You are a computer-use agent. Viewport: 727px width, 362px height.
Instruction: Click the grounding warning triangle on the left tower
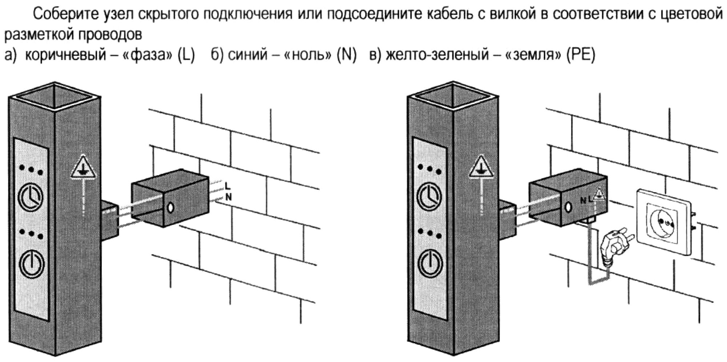[83, 168]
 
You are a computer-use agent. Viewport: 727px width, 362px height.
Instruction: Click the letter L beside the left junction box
[228, 186]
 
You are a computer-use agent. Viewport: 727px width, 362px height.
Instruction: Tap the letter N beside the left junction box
[229, 197]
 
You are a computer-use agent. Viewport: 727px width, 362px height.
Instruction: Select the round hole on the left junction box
[170, 208]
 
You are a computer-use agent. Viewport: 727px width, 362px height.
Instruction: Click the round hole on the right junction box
[567, 208]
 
